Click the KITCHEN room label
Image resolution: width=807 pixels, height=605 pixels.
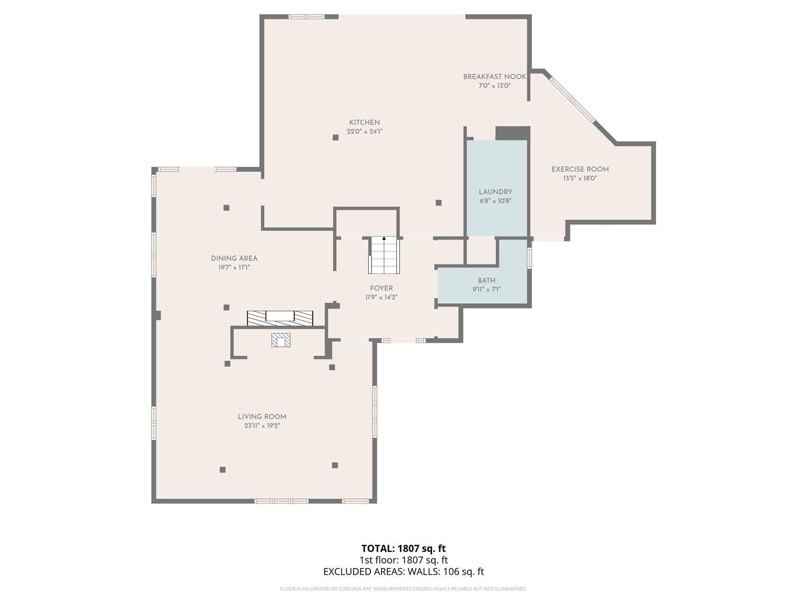click(364, 122)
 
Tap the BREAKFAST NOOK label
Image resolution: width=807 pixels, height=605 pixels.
click(494, 77)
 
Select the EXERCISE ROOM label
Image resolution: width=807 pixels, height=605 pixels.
click(580, 169)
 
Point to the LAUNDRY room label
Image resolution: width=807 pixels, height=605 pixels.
click(495, 192)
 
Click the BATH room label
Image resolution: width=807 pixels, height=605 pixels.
click(486, 281)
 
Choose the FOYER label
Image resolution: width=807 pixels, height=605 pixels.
click(381, 288)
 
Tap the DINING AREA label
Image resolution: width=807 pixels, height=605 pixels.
click(234, 258)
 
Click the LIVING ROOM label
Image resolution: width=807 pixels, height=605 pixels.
click(262, 417)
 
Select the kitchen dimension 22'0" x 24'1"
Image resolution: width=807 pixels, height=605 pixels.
click(364, 132)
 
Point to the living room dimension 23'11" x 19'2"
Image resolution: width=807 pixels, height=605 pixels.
click(262, 426)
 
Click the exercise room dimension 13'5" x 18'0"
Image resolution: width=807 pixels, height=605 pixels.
click(580, 179)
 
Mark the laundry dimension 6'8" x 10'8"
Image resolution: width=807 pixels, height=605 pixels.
click(495, 201)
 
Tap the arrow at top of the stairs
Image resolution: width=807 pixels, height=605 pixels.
click(384, 239)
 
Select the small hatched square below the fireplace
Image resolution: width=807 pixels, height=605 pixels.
click(281, 339)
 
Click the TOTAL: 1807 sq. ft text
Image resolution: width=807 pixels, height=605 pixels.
click(403, 548)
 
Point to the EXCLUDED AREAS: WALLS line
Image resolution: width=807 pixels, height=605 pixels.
click(403, 571)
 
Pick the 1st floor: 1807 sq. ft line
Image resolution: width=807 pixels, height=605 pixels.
click(403, 560)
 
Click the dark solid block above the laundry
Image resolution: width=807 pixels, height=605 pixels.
click(512, 133)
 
